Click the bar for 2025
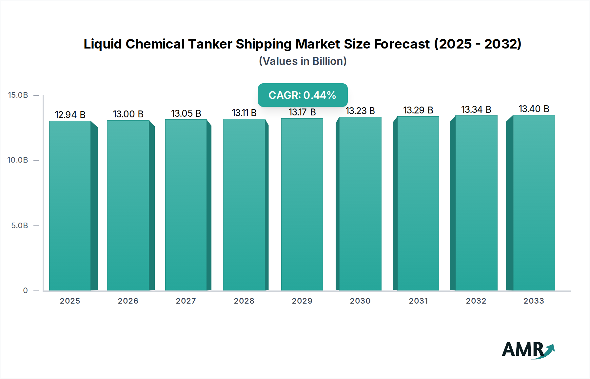coord(70,206)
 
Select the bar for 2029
coord(302,204)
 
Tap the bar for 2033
coord(534,203)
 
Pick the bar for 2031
coord(418,203)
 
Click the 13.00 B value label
coord(128,114)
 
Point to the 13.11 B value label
coord(244,113)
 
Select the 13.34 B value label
coord(476,110)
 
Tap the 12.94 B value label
coord(70,115)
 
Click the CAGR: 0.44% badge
coord(303,95)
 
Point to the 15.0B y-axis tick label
coord(18,95)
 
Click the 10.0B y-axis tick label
coord(18,160)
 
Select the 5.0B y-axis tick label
coord(20,226)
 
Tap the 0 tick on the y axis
coord(26,290)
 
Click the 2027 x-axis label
coord(186,301)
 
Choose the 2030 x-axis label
coord(360,301)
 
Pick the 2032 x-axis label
coord(476,301)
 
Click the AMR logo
coord(528,350)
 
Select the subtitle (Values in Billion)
coord(303,61)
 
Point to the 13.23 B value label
coord(360,111)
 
